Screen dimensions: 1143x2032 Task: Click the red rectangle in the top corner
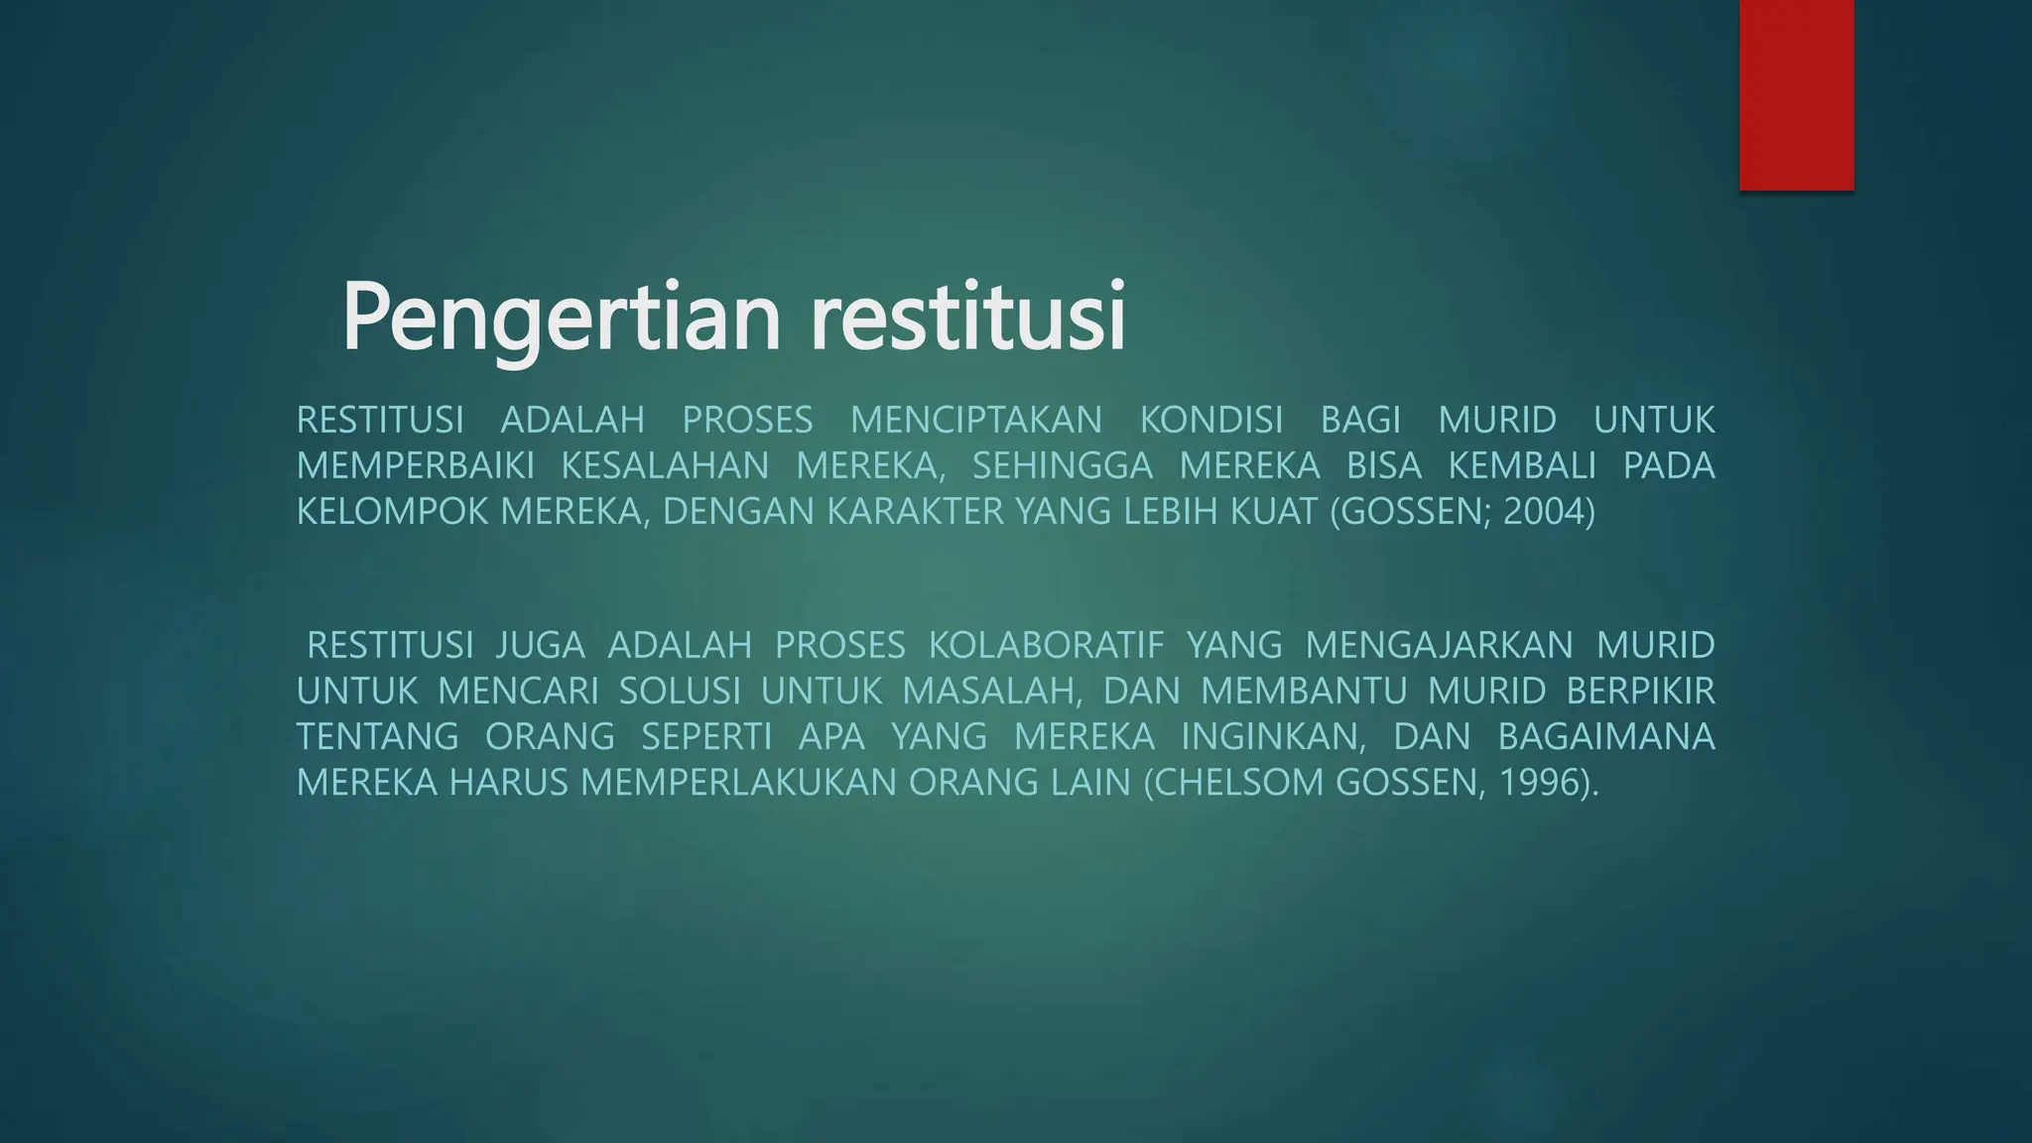coord(1796,94)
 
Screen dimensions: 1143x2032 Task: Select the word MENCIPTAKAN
coord(976,421)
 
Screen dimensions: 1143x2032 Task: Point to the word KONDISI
coord(1210,421)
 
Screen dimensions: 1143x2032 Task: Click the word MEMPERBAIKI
coord(416,466)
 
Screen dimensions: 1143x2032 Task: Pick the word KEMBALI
coord(1522,466)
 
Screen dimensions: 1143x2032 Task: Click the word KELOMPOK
coord(393,512)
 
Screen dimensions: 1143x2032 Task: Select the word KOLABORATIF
coord(1046,646)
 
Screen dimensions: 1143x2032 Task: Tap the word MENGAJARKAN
coord(1439,646)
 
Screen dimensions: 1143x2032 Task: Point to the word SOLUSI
coord(680,692)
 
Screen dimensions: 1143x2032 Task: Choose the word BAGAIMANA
coord(1605,737)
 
